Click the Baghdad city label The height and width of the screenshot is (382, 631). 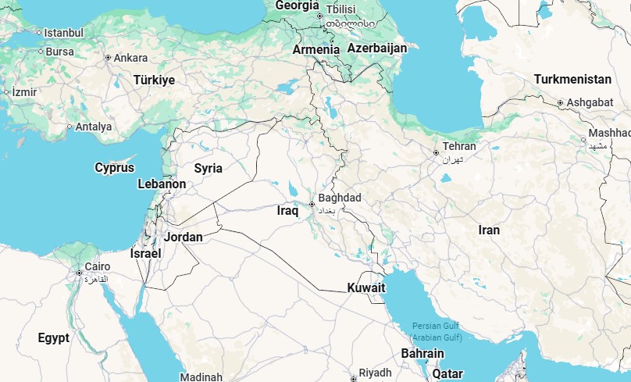(340, 198)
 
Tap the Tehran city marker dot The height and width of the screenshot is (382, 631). (436, 152)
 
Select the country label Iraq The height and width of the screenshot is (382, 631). (288, 211)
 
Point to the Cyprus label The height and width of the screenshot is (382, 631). (115, 168)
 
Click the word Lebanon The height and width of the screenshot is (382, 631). (162, 184)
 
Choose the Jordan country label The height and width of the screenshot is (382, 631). (184, 237)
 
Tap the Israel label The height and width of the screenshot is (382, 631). (146, 254)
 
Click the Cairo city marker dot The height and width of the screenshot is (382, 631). (80, 273)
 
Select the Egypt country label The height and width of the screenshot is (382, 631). (54, 338)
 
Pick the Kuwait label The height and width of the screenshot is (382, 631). (366, 288)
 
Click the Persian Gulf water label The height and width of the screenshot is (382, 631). (437, 326)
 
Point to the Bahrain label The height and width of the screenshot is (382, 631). (422, 354)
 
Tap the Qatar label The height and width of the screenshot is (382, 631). (448, 374)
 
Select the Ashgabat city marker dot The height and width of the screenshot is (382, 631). (561, 103)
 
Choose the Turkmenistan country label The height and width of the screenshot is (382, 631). (572, 80)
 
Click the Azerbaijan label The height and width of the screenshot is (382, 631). (377, 48)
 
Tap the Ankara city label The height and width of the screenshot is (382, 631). (130, 58)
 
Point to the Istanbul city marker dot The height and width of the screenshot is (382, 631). (39, 33)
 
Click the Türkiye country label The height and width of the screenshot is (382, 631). (154, 80)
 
